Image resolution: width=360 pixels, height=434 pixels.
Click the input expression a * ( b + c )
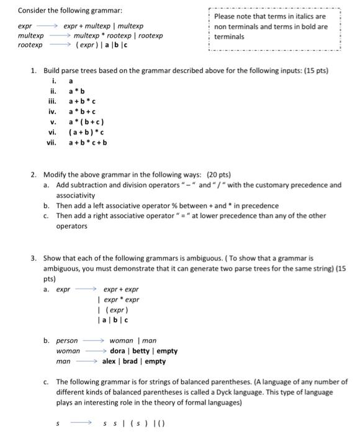[86, 122]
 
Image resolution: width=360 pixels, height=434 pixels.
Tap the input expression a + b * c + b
[88, 142]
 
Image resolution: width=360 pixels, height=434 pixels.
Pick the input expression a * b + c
[81, 112]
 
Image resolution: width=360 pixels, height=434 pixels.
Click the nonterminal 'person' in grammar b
[67, 340]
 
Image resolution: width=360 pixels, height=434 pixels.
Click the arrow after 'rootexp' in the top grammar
[60, 45]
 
